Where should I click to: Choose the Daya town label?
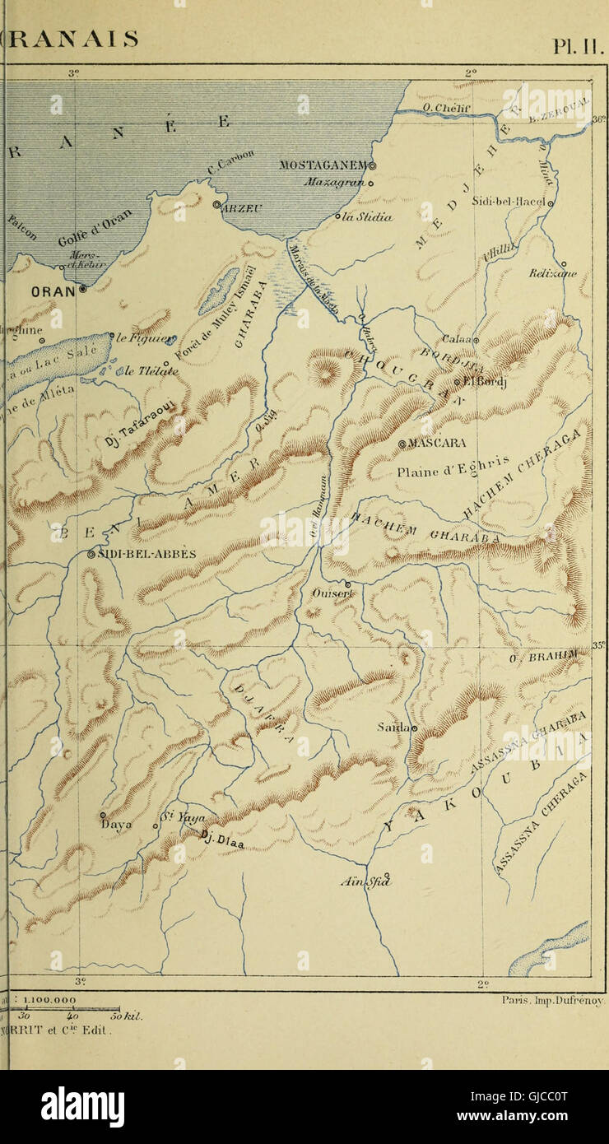[x=115, y=824]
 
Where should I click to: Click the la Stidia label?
[x=366, y=217]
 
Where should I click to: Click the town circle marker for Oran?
[x=82, y=290]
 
